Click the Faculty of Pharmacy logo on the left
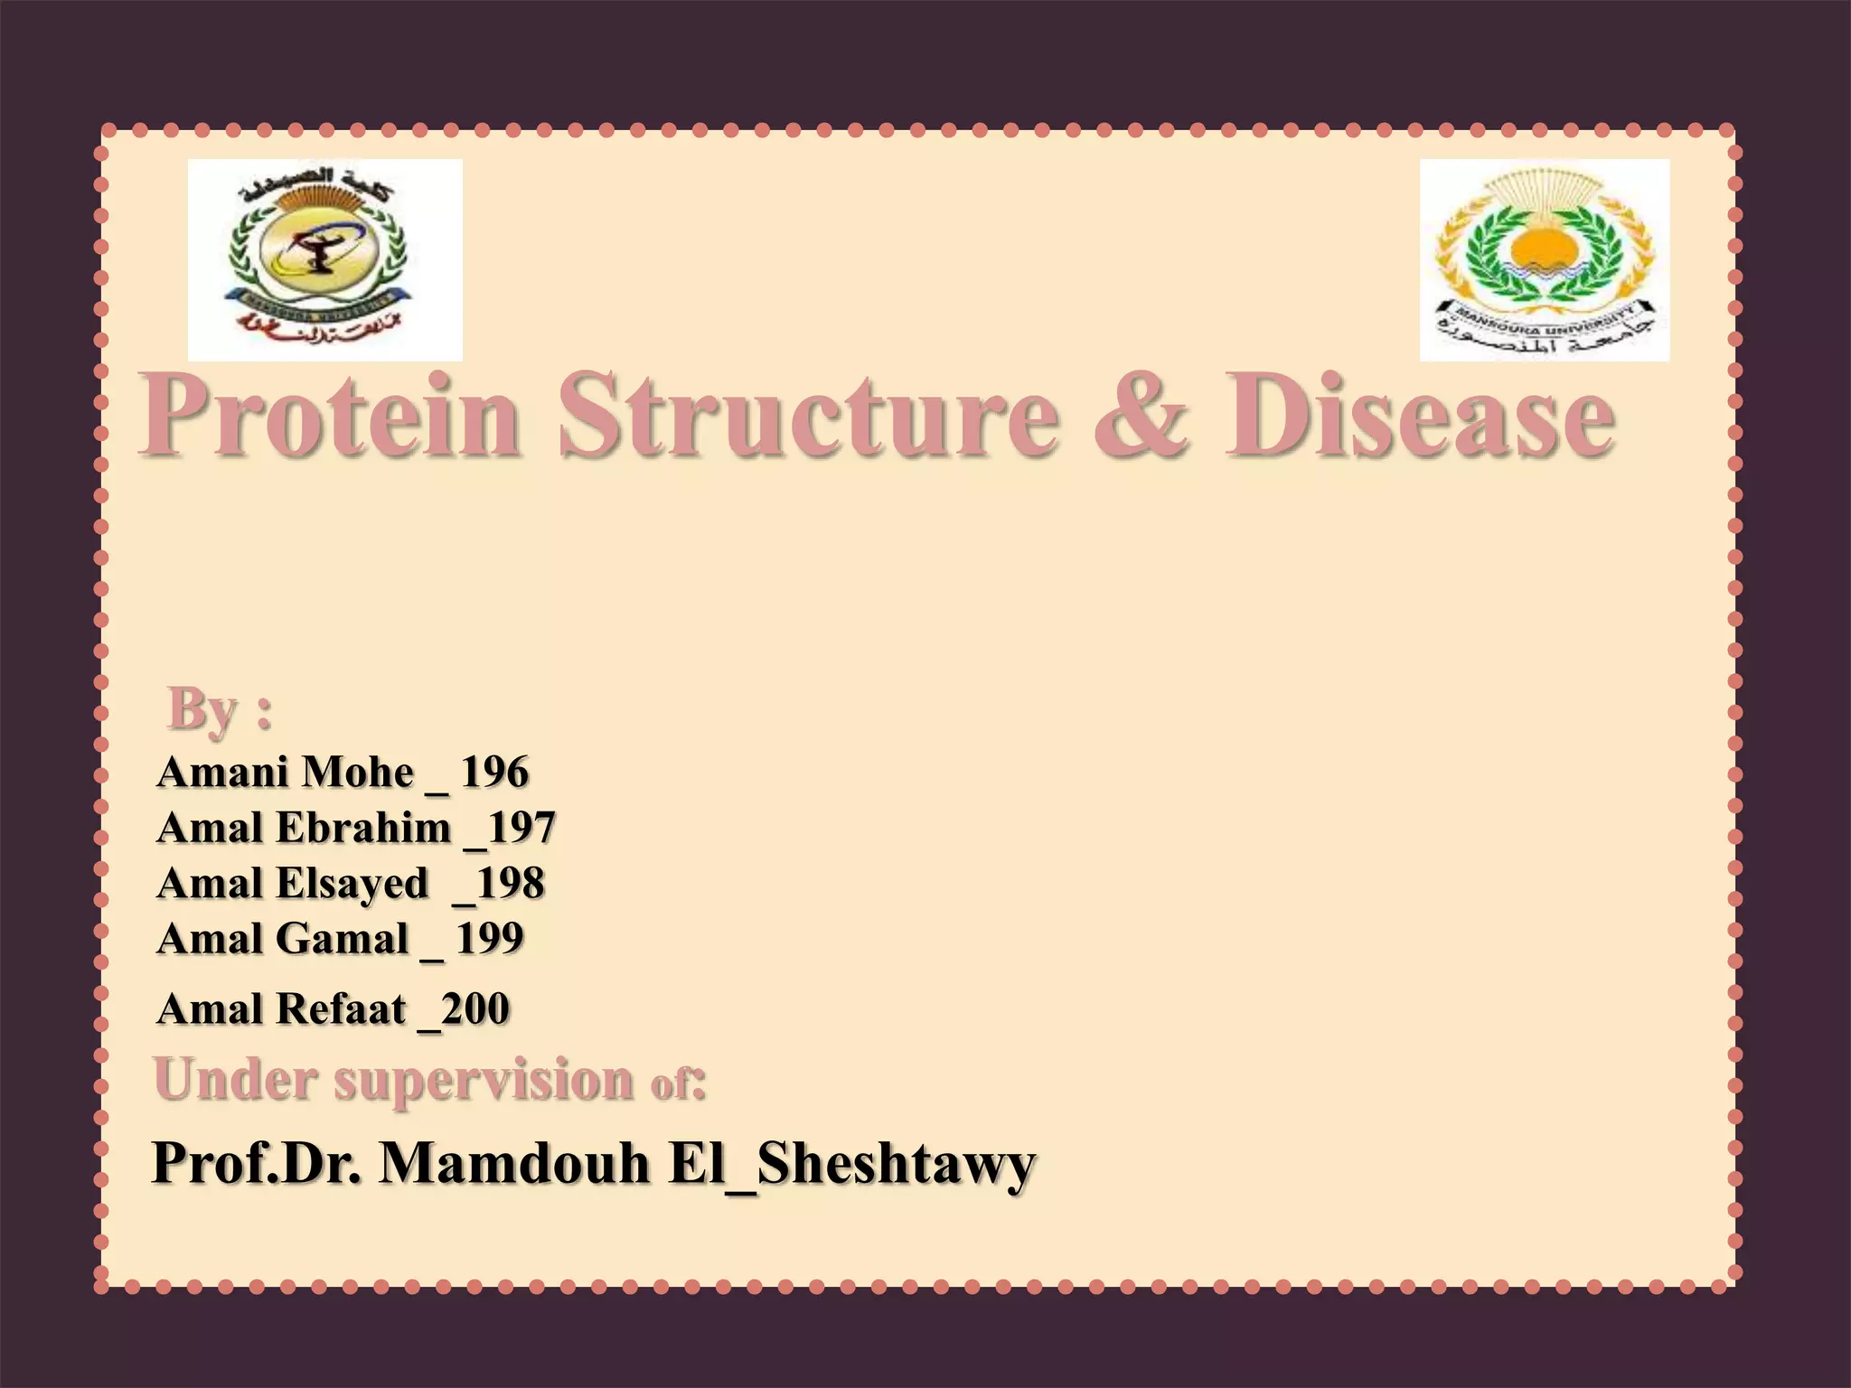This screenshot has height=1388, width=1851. [324, 259]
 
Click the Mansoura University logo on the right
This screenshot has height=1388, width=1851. [1545, 259]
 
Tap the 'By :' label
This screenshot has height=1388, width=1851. [220, 709]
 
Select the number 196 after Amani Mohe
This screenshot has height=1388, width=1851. [494, 773]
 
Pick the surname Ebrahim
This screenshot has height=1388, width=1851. [363, 828]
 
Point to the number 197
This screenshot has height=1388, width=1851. [521, 828]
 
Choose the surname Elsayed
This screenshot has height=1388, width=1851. [352, 884]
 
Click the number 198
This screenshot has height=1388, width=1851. [511, 884]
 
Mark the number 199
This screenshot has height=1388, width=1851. [489, 939]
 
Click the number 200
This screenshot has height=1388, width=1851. [475, 1009]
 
